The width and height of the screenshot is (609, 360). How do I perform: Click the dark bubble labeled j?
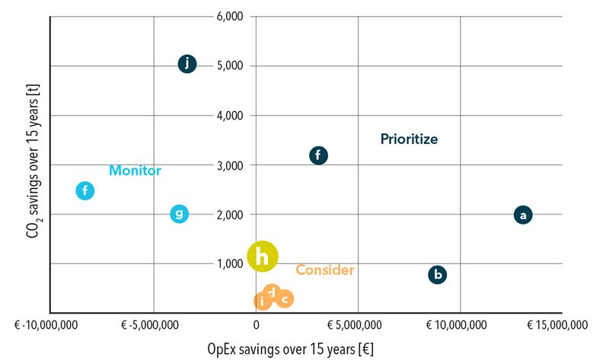coord(187,64)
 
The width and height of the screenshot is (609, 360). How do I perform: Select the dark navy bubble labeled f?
coord(319,155)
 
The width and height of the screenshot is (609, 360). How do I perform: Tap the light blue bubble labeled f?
coord(85,190)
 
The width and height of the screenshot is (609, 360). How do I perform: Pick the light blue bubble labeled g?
coord(179,214)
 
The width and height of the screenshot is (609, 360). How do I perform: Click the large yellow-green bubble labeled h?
coord(263,257)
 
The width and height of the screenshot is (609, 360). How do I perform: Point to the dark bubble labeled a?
coord(522,215)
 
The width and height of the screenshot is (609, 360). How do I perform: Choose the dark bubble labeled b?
coord(437,275)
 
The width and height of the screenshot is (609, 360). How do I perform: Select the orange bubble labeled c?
coord(284,299)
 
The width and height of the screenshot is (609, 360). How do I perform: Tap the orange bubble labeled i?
coord(262,301)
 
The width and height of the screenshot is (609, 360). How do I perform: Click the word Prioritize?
coord(410,139)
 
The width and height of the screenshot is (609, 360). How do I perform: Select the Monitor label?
coord(135,170)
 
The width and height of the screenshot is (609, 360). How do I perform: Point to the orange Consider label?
coord(325,270)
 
